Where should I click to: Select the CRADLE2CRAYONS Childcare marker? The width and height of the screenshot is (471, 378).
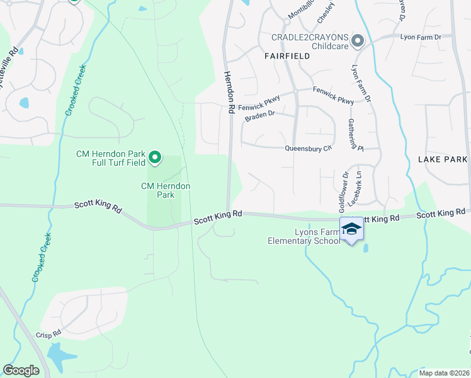(x=358, y=42)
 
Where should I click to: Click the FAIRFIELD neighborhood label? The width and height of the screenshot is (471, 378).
(x=291, y=56)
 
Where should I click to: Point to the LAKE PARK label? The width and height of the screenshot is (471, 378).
(x=443, y=160)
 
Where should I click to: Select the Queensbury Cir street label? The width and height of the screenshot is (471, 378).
(x=308, y=149)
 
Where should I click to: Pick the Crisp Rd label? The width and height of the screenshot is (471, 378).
(x=48, y=335)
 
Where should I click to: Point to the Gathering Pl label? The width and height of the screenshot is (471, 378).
(x=361, y=137)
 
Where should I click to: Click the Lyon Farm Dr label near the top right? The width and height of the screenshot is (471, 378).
(x=421, y=37)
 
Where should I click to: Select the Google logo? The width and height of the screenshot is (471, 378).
(x=21, y=370)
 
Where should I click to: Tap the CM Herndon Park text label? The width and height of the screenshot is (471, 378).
(x=166, y=190)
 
